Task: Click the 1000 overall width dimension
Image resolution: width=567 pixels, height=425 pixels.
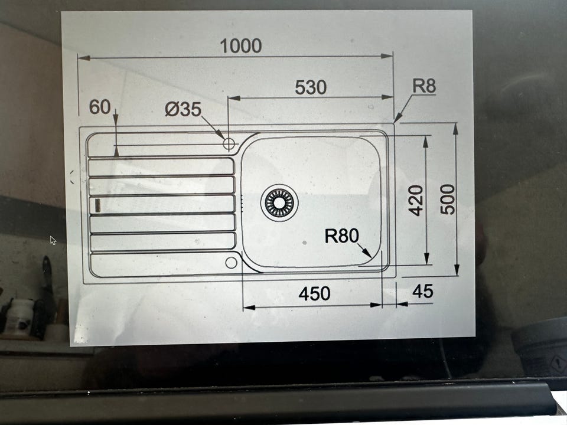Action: [x=241, y=46]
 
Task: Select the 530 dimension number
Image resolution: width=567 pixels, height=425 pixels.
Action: [x=311, y=87]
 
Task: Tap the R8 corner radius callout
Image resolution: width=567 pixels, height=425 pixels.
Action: [x=424, y=86]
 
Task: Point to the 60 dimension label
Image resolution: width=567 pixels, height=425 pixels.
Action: [x=100, y=107]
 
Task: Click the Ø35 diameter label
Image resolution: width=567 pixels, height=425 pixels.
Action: [x=183, y=109]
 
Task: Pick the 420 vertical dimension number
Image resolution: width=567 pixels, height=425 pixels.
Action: [x=415, y=200]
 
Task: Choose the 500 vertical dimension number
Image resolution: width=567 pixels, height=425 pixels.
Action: [x=448, y=199]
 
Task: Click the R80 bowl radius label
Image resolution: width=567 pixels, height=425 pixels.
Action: [x=341, y=236]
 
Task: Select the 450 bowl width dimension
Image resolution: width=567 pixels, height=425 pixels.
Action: [x=314, y=293]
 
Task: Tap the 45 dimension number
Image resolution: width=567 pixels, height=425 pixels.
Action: [x=423, y=291]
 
